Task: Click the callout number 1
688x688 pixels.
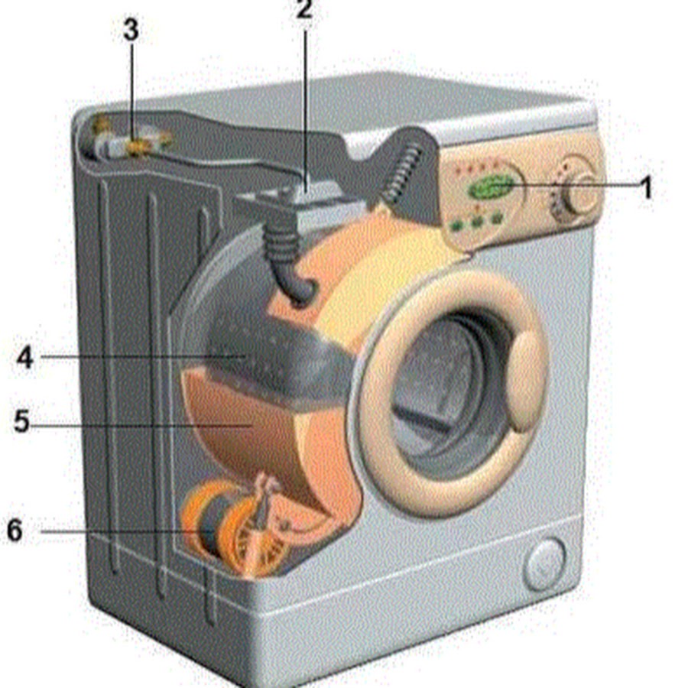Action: (x=646, y=188)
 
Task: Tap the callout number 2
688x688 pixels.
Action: (x=304, y=10)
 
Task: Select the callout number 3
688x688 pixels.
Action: (x=131, y=31)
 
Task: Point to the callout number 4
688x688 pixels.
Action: (x=25, y=357)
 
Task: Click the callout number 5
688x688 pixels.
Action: (x=22, y=421)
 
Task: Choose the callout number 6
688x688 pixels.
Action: (x=15, y=530)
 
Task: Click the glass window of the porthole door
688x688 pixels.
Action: (x=443, y=391)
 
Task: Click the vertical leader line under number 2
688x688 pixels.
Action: (x=305, y=109)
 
